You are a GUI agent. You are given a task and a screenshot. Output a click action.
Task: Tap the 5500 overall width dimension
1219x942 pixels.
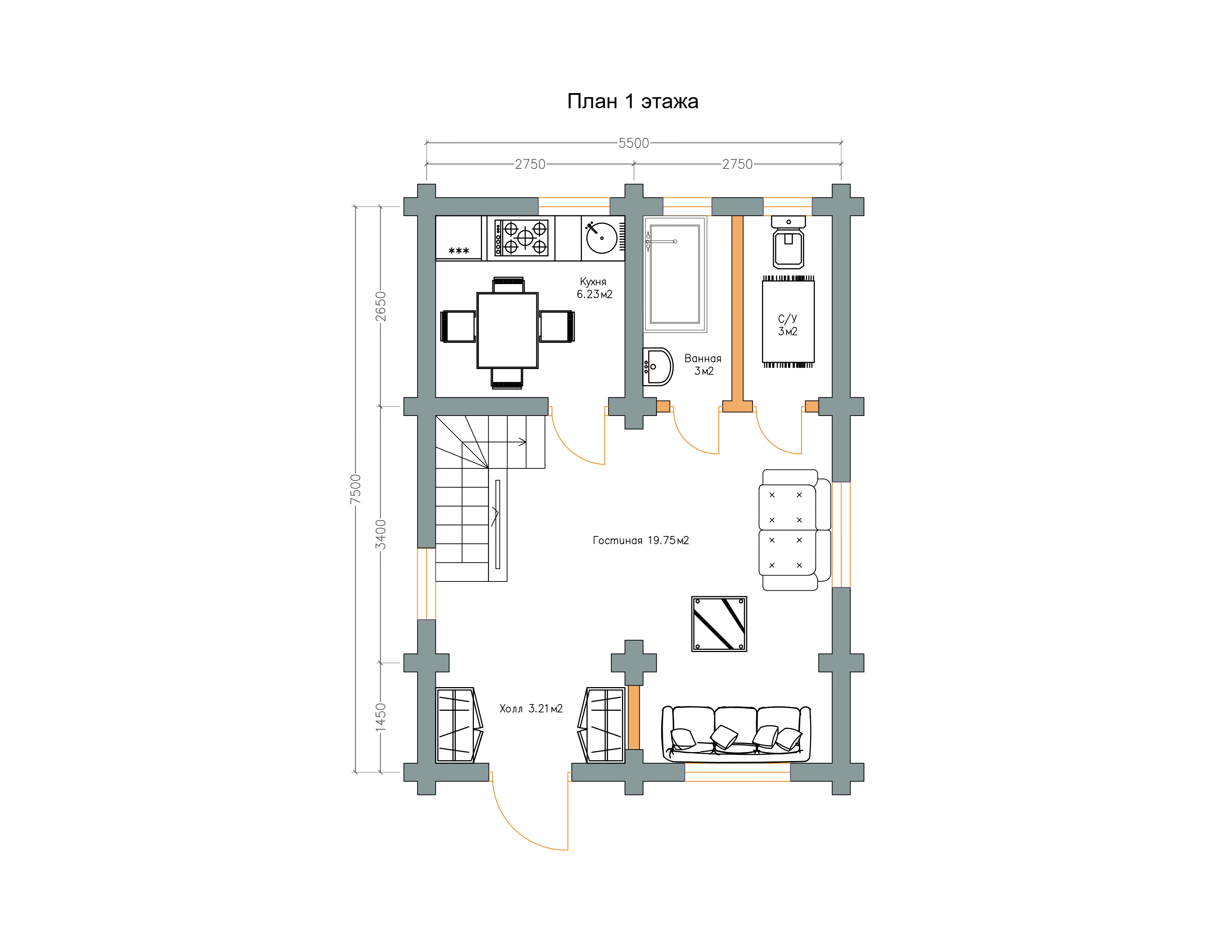(x=634, y=143)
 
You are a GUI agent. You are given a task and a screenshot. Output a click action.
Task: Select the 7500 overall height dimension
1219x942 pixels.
(x=355, y=489)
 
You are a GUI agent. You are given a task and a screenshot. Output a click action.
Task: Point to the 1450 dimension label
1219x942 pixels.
(x=380, y=717)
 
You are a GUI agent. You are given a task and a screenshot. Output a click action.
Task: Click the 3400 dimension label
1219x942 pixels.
(x=380, y=534)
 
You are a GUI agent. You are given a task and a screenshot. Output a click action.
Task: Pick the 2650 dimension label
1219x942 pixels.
(x=380, y=306)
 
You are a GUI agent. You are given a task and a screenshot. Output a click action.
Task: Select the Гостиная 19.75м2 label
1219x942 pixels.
(x=641, y=540)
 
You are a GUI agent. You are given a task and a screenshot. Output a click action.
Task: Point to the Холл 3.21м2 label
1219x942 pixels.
(x=531, y=709)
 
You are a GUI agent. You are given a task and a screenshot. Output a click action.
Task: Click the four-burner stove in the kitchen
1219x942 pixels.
(x=521, y=238)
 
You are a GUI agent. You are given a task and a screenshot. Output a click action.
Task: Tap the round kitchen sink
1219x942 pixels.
(x=602, y=238)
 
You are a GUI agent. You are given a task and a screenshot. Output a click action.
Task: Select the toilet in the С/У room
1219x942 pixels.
(x=788, y=242)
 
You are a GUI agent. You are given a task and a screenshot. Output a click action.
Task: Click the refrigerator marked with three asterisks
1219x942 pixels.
(x=458, y=238)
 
